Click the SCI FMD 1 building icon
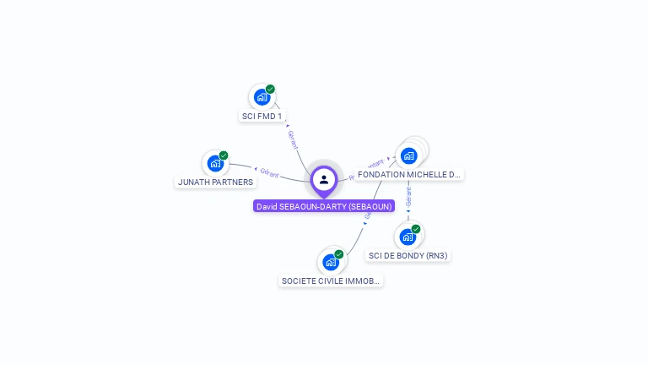262,97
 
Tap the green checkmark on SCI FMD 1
270,89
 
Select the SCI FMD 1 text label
262,117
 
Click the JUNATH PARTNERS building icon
215,163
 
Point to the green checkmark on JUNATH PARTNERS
224,155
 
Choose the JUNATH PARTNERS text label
215,182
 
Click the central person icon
324,179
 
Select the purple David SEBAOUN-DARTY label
324,206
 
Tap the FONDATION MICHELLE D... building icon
409,155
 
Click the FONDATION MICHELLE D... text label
409,175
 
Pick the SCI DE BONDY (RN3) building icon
408,237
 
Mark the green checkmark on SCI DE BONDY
416,229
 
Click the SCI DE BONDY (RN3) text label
408,255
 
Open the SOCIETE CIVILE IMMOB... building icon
331,262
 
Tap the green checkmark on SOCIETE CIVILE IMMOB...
339,254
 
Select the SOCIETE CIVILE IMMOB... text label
331,281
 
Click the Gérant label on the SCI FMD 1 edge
293,139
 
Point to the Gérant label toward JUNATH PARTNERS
269,173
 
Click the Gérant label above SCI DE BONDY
408,198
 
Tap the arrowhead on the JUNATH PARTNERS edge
256,169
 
